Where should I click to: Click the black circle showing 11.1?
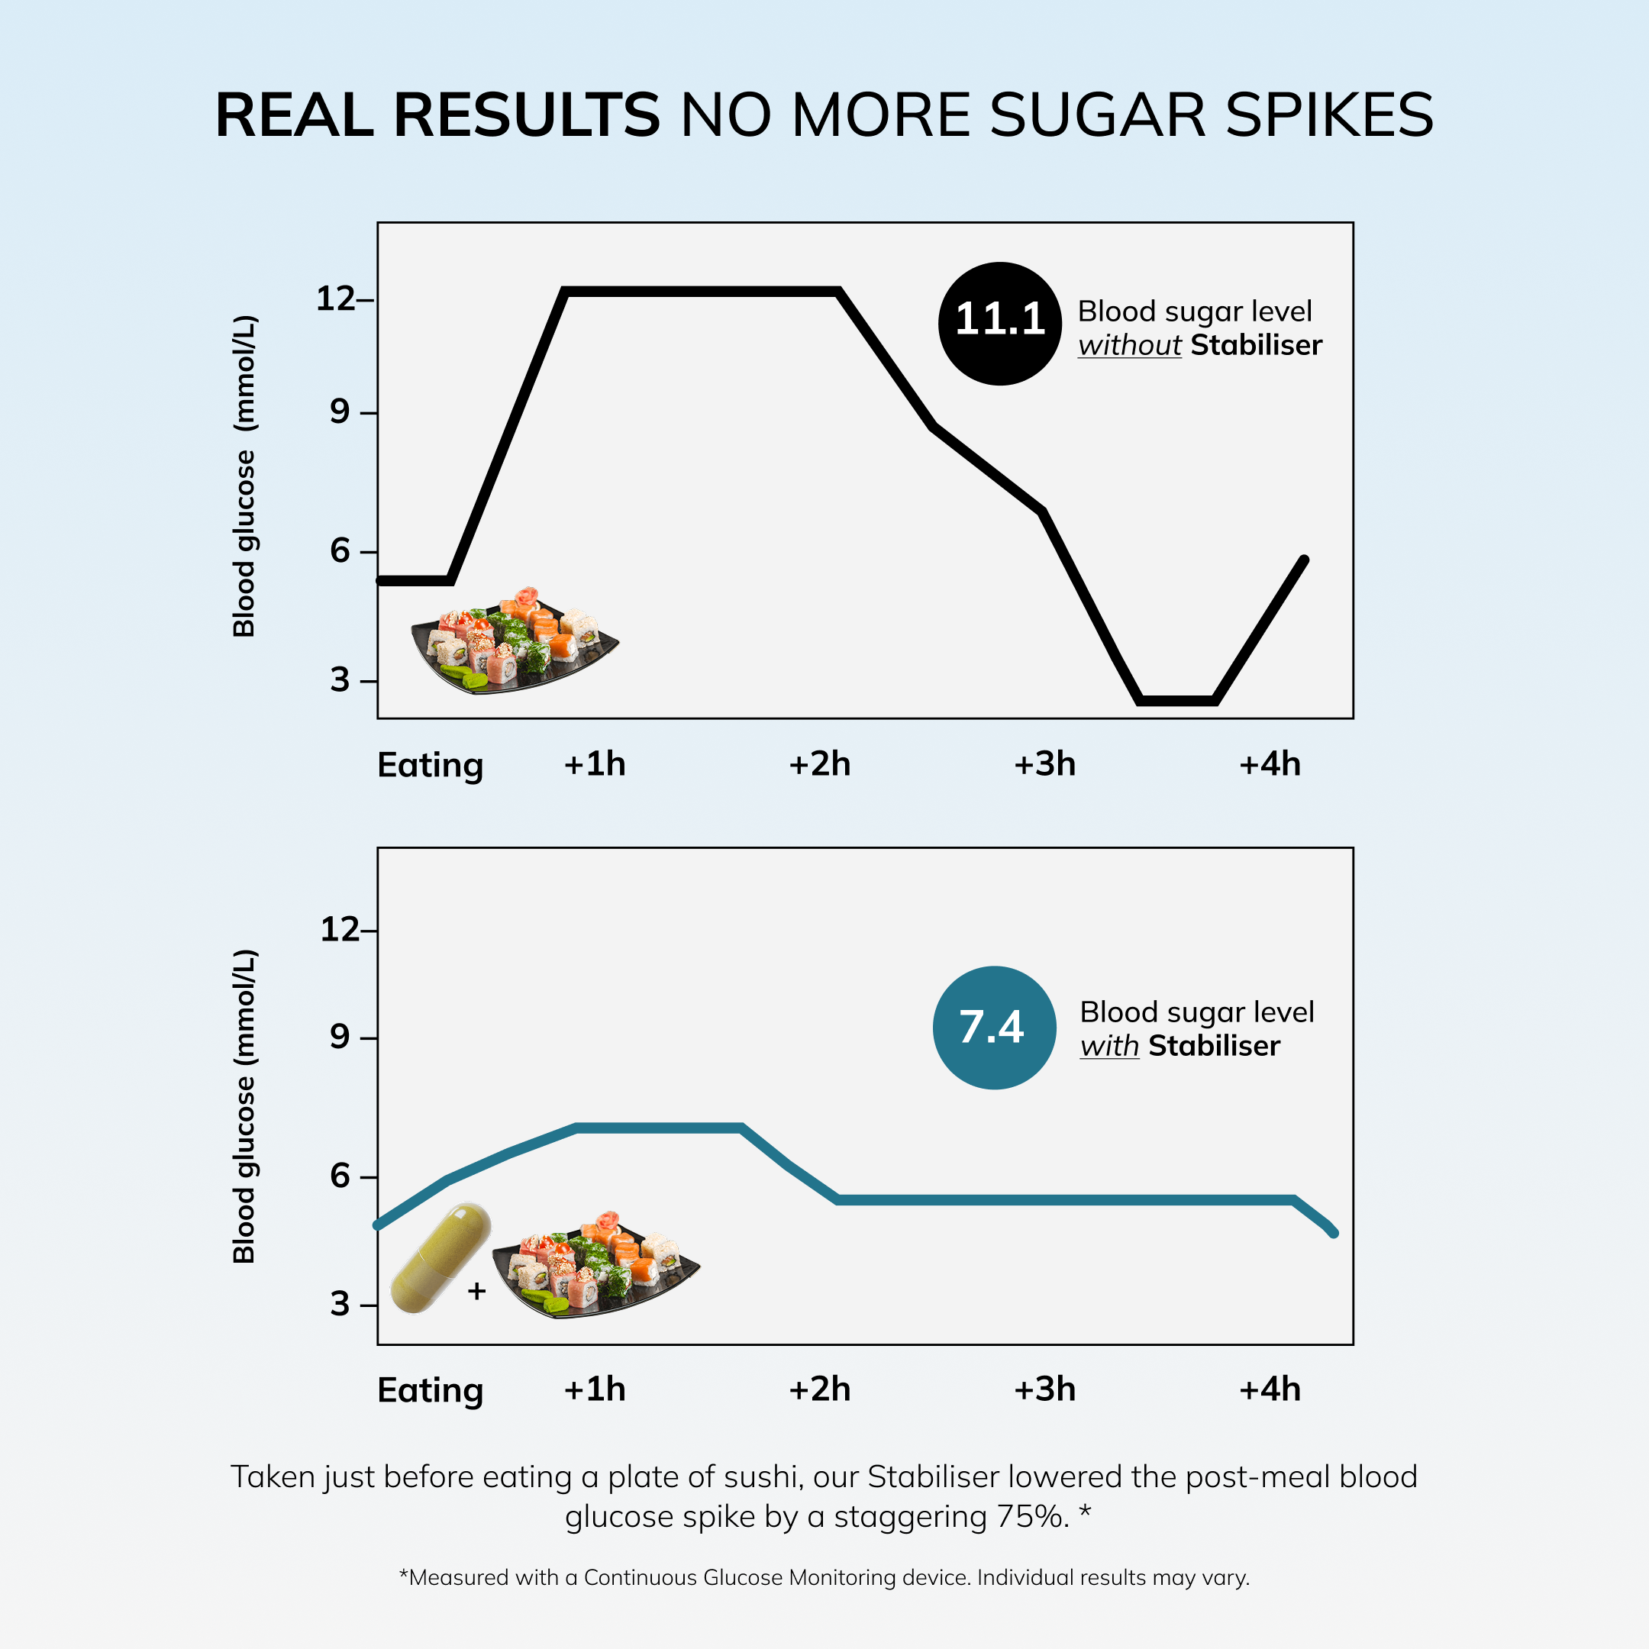click(x=999, y=324)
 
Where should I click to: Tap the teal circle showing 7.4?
click(x=994, y=1027)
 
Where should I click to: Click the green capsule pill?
click(x=440, y=1257)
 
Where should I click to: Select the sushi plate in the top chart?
click(x=514, y=642)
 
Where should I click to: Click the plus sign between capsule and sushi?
click(x=477, y=1292)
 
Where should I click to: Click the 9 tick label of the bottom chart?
click(x=340, y=1037)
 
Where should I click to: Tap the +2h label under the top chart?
click(x=819, y=764)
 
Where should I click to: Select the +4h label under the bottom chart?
click(x=1269, y=1389)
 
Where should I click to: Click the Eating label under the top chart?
click(x=430, y=765)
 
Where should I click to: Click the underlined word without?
click(x=1128, y=346)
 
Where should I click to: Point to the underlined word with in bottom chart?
click(x=1108, y=1047)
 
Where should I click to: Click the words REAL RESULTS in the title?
click(x=437, y=115)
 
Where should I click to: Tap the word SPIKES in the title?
click(x=1329, y=115)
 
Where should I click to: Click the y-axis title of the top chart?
click(x=244, y=476)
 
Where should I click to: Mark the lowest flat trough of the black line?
click(x=1177, y=701)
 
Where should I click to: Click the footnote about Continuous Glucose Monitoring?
click(x=824, y=1577)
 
